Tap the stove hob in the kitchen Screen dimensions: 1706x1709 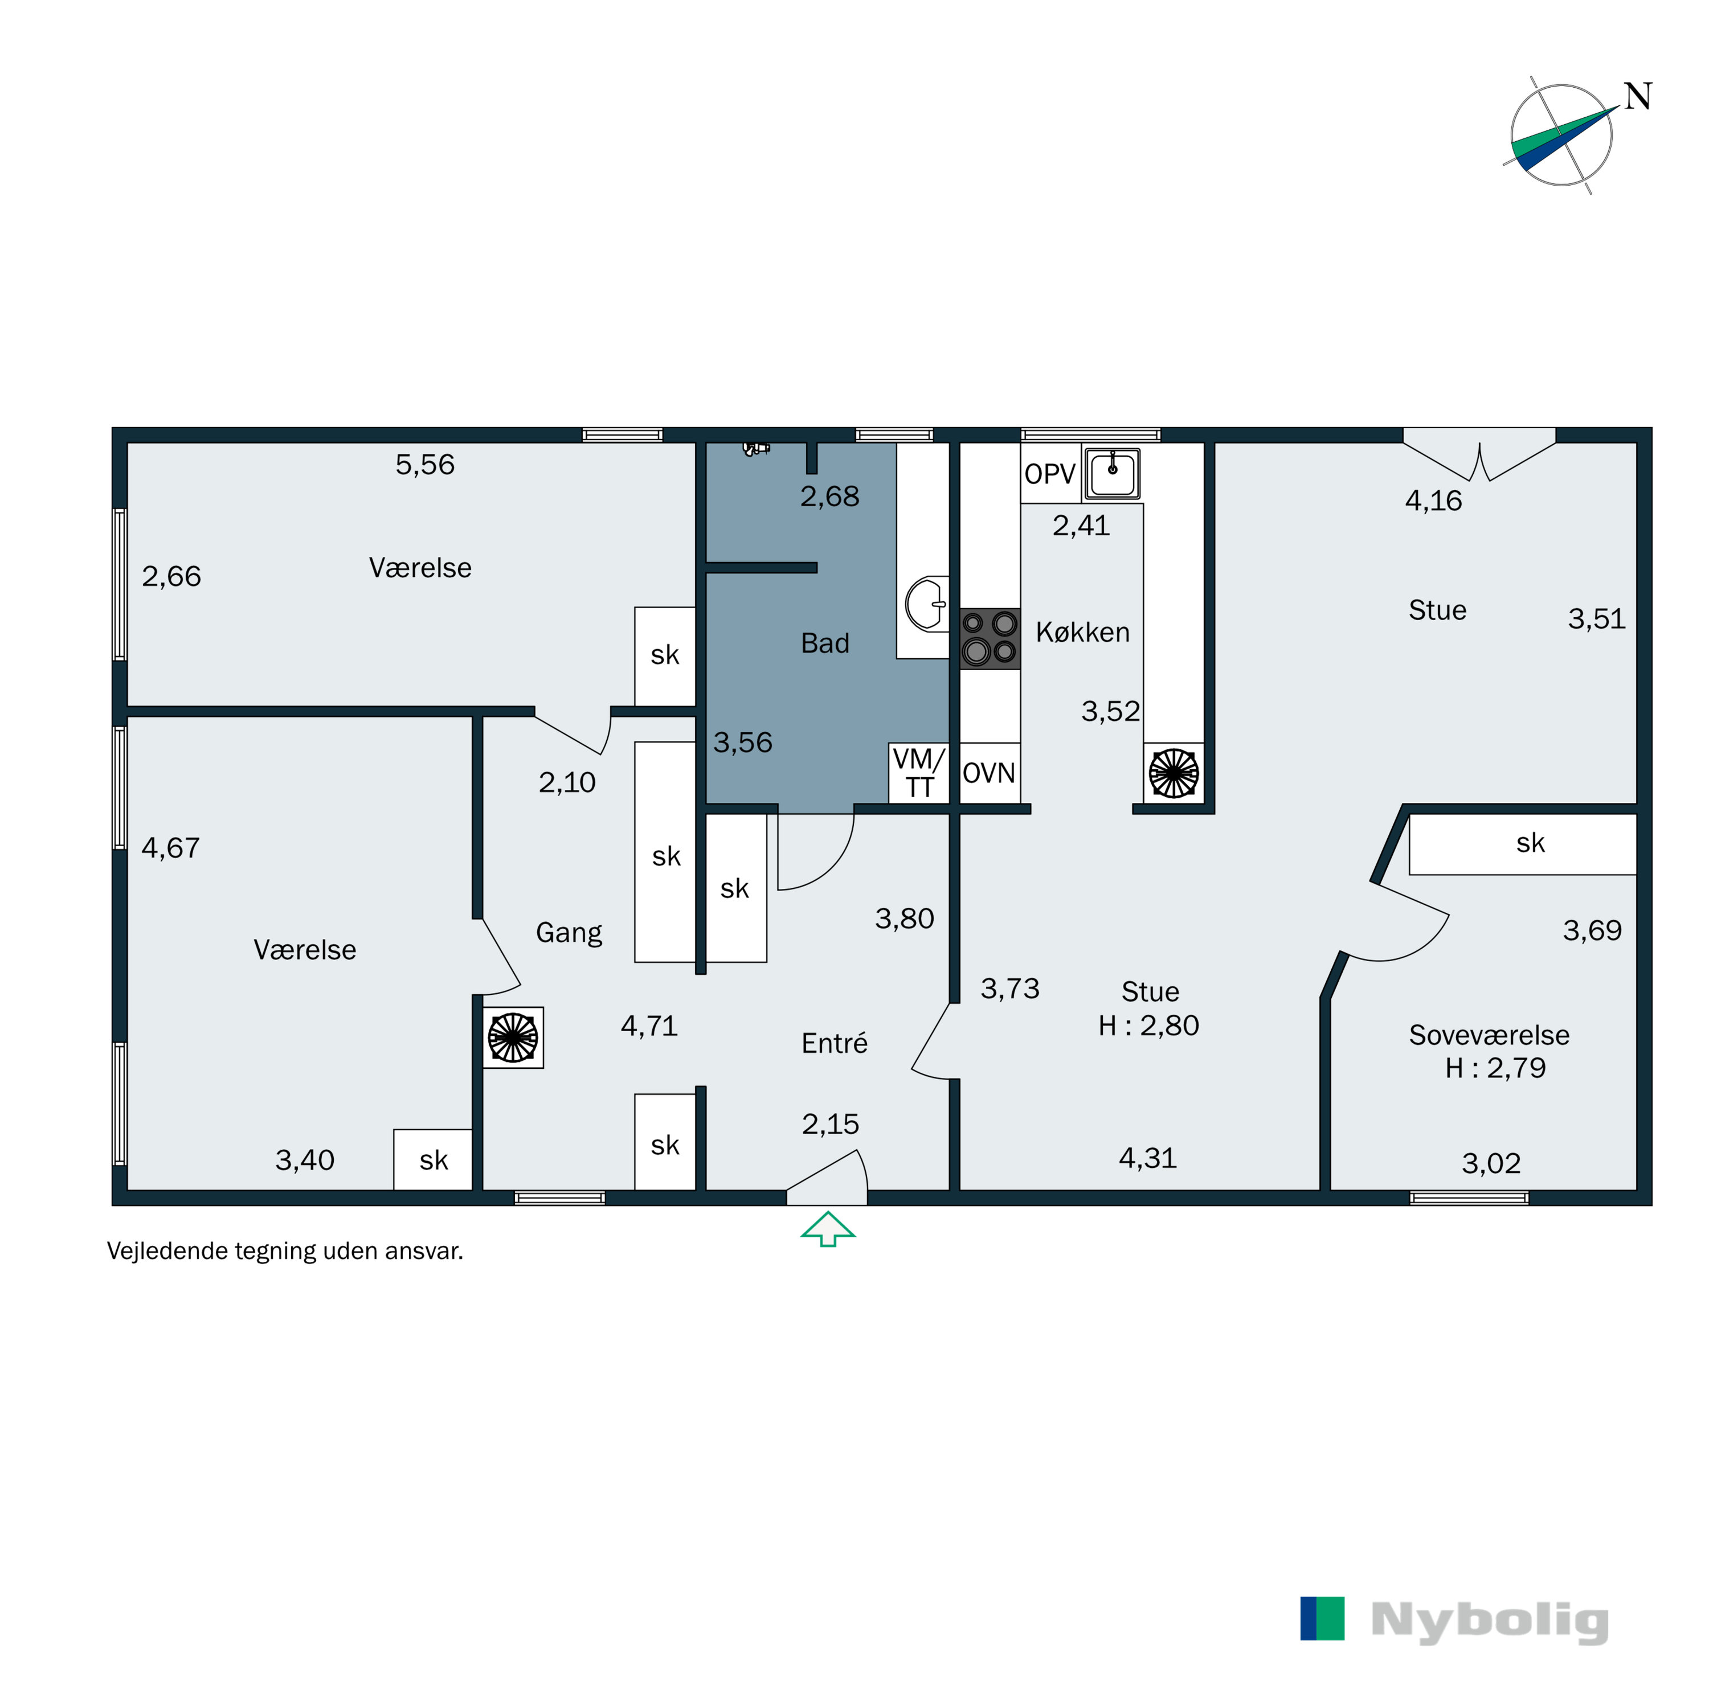(990, 638)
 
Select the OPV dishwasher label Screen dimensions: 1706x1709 (1049, 474)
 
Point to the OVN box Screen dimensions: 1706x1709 (989, 773)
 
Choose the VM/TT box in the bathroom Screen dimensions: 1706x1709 (918, 773)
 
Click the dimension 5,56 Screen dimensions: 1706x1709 (424, 464)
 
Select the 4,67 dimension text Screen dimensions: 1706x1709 (171, 848)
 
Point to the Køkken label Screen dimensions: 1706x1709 (1083, 632)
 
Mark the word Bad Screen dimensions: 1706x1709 (824, 643)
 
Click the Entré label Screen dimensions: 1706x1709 (833, 1044)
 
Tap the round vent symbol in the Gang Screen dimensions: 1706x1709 (513, 1037)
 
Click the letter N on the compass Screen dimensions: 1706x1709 (1637, 96)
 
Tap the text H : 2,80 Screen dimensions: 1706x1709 (1148, 1025)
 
